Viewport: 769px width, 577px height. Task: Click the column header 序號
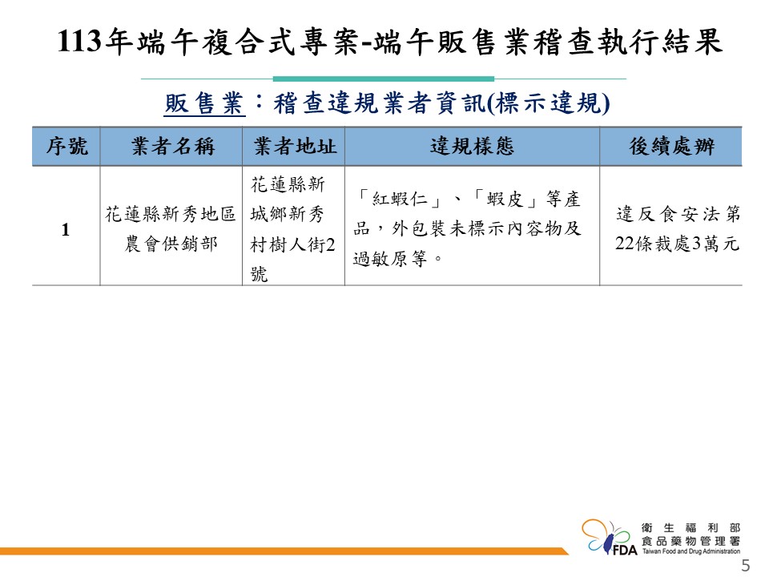(66, 146)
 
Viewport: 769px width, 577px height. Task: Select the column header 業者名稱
(173, 146)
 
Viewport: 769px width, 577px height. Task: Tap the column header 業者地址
(295, 146)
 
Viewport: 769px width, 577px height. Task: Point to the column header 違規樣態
(472, 146)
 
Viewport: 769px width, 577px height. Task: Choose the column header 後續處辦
(671, 146)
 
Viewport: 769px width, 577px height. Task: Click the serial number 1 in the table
(66, 230)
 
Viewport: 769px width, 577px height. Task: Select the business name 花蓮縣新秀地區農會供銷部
(171, 228)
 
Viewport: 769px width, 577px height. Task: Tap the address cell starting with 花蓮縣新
(293, 228)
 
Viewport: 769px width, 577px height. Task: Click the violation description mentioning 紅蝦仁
(467, 228)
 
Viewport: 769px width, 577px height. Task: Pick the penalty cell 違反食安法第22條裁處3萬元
(678, 228)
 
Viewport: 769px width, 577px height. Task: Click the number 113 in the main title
(79, 41)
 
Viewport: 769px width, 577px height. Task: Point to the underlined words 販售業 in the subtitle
(204, 103)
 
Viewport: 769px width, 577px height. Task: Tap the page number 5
(746, 565)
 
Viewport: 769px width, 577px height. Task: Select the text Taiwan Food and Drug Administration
(691, 551)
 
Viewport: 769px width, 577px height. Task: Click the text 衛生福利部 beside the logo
(691, 528)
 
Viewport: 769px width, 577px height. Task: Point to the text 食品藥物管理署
(691, 541)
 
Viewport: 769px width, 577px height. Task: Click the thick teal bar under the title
(384, 79)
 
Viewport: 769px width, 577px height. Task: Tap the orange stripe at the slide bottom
(284, 551)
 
